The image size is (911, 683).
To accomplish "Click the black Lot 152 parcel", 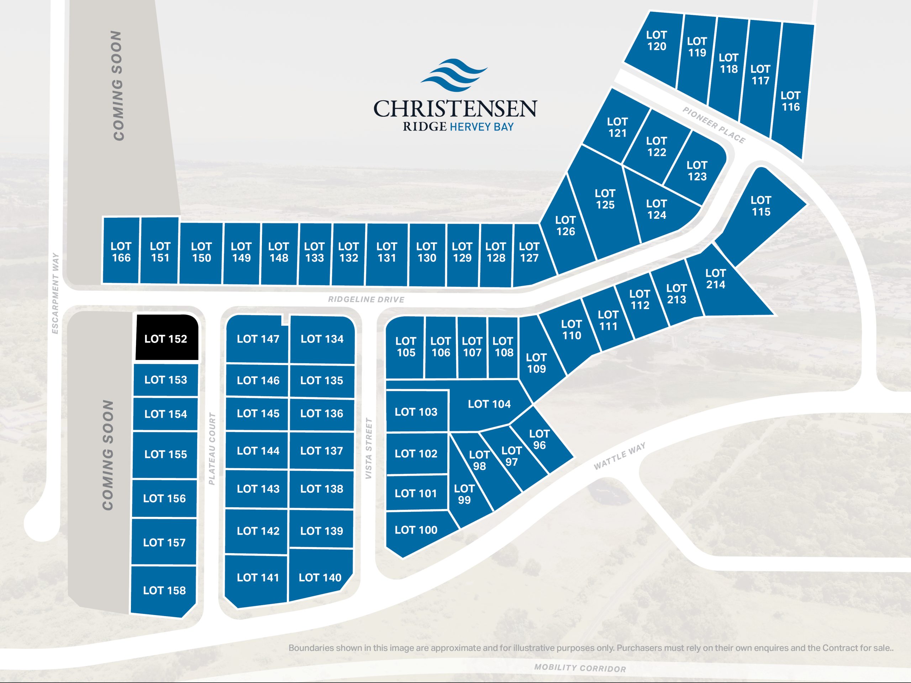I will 167,338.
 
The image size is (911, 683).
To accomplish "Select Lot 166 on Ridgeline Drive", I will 121,252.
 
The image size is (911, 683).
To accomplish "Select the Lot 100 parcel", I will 416,530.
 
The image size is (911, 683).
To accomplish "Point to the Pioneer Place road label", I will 714,125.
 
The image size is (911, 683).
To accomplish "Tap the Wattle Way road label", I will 620,456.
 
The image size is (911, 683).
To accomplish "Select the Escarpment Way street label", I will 56,293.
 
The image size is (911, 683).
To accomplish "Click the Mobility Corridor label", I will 580,668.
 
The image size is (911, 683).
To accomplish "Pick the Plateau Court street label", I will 212,449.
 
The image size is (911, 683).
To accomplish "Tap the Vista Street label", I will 369,448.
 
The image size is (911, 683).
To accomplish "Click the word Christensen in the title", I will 455,109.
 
